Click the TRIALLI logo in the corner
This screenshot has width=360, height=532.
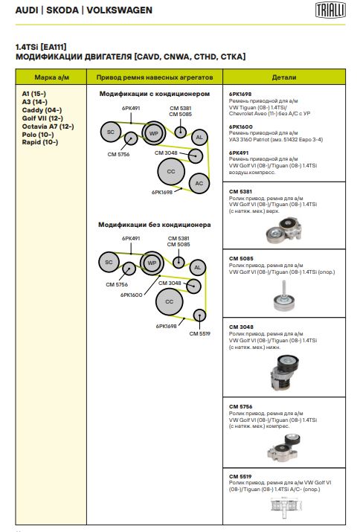coord(330,10)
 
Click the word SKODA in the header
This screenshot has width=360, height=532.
coord(62,10)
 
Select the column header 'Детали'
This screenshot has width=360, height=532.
coord(284,77)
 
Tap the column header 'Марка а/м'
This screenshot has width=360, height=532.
coord(51,77)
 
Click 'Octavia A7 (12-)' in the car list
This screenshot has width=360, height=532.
coord(48,126)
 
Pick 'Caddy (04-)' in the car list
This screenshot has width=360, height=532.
coord(42,110)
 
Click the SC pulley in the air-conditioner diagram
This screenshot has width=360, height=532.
coord(111,132)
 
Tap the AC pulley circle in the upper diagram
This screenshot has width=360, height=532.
coord(199,184)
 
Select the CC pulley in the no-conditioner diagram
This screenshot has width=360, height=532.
coord(170,301)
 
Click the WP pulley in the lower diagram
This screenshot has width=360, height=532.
coord(152,263)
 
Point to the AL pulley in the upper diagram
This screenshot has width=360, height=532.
coord(199,138)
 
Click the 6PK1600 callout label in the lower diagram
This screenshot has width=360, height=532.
coord(132,295)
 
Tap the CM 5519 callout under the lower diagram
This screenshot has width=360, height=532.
coord(200,334)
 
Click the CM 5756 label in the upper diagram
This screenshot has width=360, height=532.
coord(118,154)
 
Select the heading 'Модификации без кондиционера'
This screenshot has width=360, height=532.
coord(155,225)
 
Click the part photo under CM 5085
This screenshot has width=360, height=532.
coord(284,296)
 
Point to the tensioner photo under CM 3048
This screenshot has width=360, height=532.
coord(284,373)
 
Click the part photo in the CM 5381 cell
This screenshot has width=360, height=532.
coord(284,231)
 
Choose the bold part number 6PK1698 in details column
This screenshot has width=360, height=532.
coord(240,94)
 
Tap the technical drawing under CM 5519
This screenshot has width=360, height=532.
coord(284,507)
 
